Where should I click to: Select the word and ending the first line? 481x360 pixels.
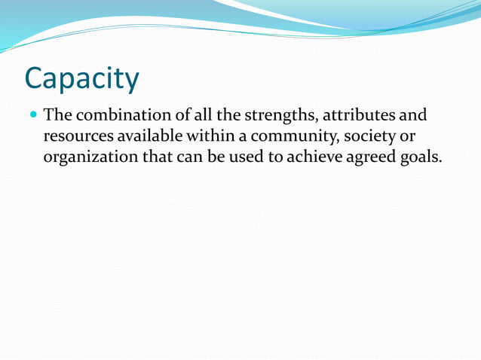pyautogui.click(x=412, y=116)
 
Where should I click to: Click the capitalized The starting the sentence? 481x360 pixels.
pyautogui.click(x=57, y=116)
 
